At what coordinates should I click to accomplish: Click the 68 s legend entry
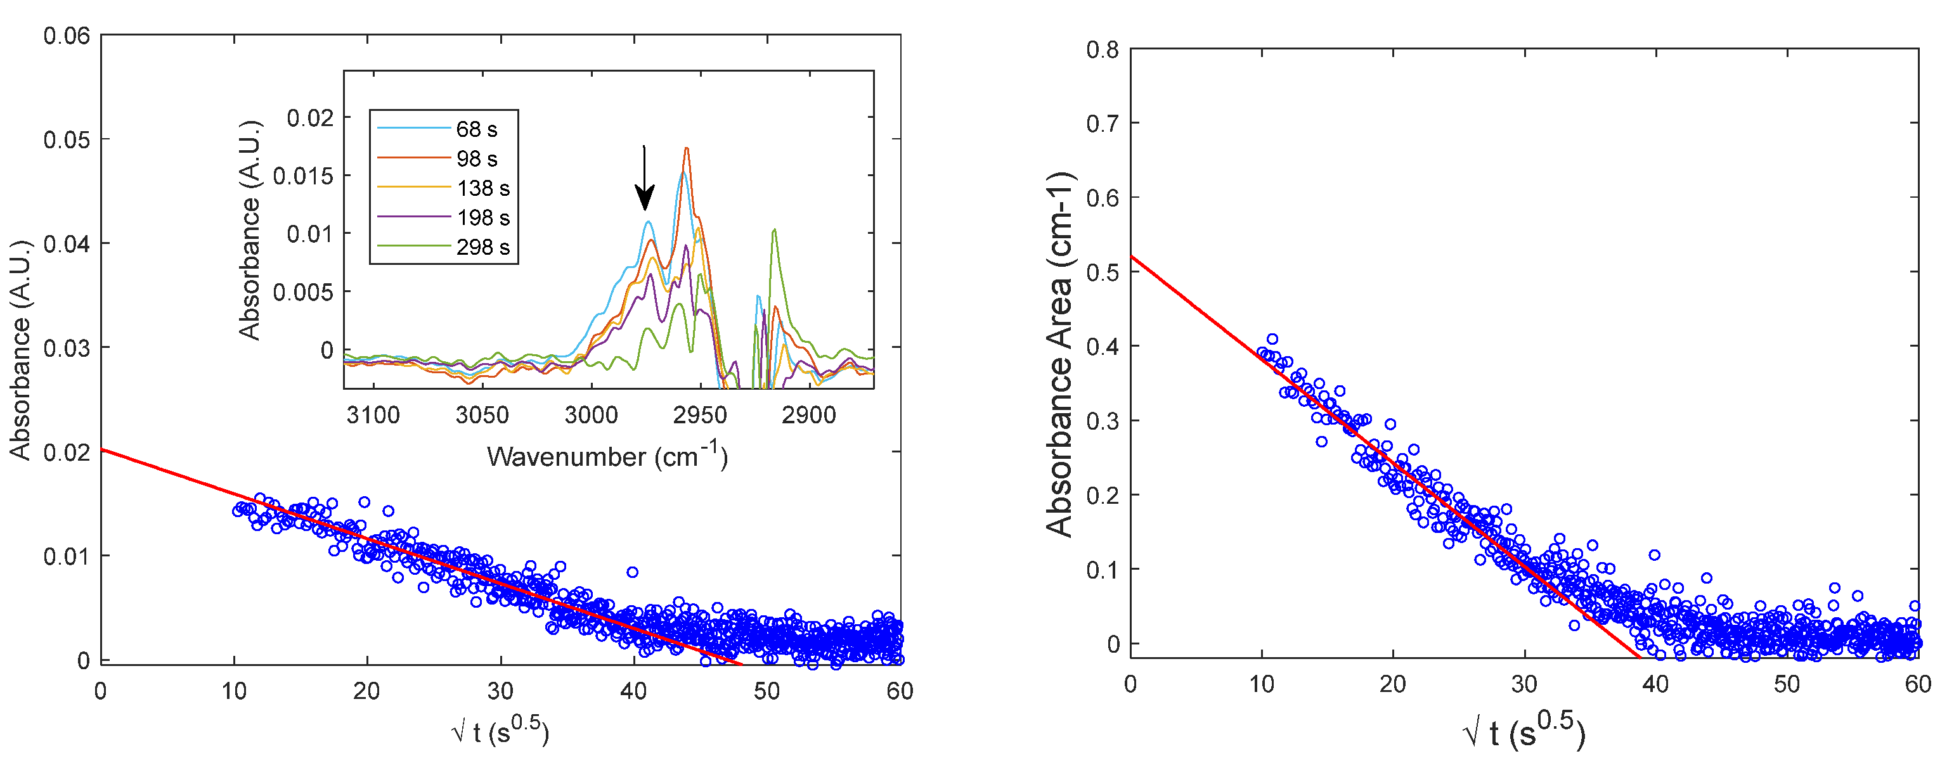click(476, 130)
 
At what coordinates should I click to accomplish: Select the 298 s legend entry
click(482, 247)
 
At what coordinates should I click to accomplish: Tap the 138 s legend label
click(483, 188)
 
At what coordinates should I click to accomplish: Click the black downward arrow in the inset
click(644, 179)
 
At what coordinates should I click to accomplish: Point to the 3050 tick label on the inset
click(482, 415)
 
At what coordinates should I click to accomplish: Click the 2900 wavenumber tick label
click(808, 415)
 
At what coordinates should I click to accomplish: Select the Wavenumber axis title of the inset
click(607, 456)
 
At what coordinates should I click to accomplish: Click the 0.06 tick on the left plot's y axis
click(66, 35)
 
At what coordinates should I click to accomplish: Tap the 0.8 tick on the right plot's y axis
click(1102, 50)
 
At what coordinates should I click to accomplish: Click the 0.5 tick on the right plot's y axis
click(1102, 272)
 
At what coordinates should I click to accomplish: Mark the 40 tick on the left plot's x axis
click(633, 691)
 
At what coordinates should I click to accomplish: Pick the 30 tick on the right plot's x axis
click(1524, 684)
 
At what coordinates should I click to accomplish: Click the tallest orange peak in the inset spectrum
click(687, 149)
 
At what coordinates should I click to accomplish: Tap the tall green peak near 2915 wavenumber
click(773, 230)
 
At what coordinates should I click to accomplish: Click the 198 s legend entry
click(482, 217)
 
